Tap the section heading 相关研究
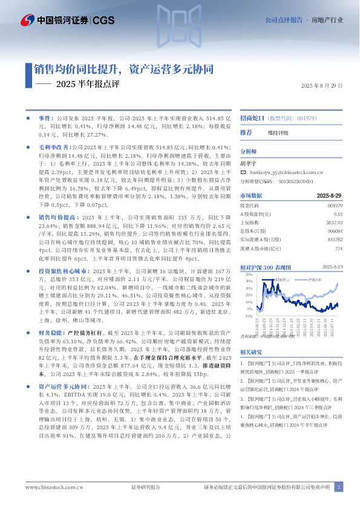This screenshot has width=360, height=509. pos(251,352)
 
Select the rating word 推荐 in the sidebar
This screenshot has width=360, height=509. pos(246,132)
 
